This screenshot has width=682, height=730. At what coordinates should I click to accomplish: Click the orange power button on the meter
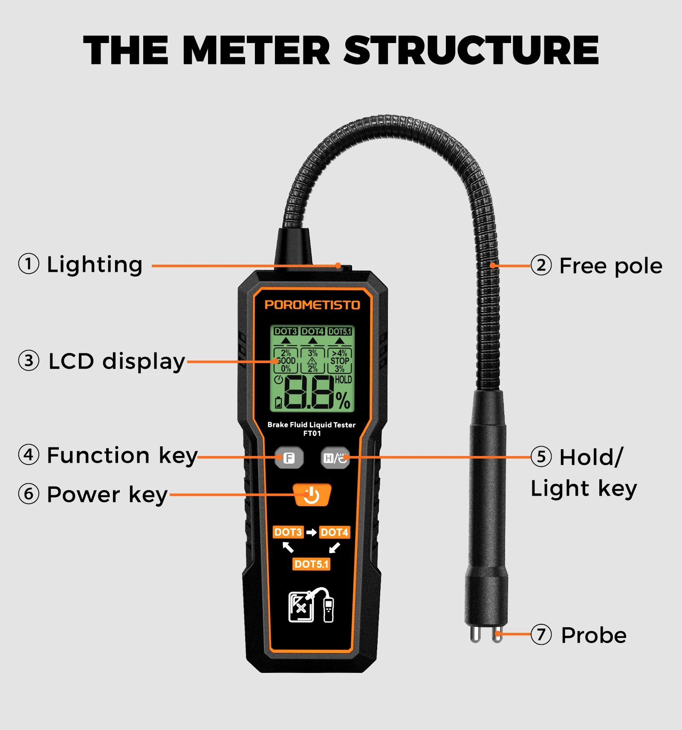coord(312,495)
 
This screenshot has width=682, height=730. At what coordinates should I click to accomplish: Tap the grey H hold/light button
coord(335,458)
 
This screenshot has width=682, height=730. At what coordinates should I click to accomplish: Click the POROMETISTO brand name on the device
coord(312,305)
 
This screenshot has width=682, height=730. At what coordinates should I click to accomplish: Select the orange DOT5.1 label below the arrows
coord(312,564)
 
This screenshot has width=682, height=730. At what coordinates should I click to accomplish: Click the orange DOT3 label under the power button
coord(288,532)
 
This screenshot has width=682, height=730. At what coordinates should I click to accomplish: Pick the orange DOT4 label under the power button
coord(335,532)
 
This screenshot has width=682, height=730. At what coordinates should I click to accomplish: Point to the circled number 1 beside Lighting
coord(29,264)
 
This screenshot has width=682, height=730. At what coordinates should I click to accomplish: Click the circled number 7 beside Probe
coord(541,635)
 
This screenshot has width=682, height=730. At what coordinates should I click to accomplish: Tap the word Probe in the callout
coord(594,635)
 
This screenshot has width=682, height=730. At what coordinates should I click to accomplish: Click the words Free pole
coord(611,266)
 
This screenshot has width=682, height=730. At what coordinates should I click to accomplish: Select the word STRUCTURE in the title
coord(471,50)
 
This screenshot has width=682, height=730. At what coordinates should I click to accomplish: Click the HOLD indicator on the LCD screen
coord(343,379)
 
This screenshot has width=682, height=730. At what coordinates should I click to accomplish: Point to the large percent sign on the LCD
coord(343,401)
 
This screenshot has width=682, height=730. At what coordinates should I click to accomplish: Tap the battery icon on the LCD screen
coord(278,402)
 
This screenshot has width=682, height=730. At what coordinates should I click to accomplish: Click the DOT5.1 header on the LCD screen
coord(340,331)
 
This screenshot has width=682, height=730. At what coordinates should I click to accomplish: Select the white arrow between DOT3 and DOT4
coord(312,532)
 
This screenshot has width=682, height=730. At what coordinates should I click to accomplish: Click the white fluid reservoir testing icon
coord(311,605)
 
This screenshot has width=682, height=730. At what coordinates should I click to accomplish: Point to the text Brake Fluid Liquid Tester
coord(311,424)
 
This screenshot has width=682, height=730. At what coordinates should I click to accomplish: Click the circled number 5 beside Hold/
coord(541,456)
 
